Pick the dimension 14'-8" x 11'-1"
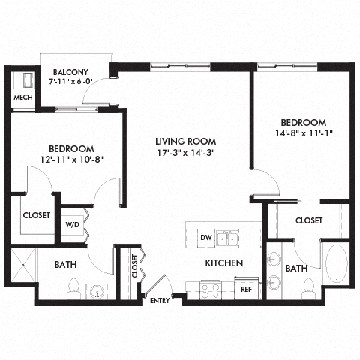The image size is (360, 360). pyautogui.click(x=303, y=134)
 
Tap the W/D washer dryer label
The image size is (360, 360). pyautogui.click(x=73, y=223)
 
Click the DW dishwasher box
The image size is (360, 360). pyautogui.click(x=206, y=238)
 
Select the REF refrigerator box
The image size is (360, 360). pyautogui.click(x=244, y=288)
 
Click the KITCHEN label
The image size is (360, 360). pyautogui.click(x=224, y=263)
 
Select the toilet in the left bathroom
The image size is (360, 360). pyautogui.click(x=74, y=286)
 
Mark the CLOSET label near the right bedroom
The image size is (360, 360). pyautogui.click(x=308, y=220)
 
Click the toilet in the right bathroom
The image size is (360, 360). pyautogui.click(x=307, y=286)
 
